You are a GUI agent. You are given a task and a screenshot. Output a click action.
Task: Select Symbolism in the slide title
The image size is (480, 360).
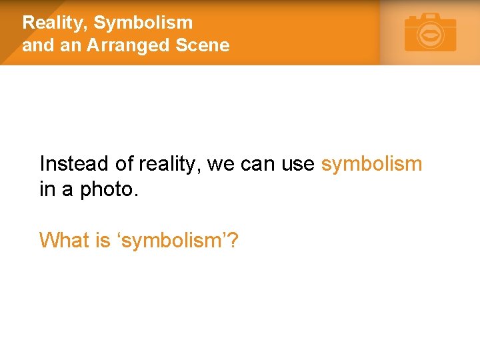pyautogui.click(x=143, y=23)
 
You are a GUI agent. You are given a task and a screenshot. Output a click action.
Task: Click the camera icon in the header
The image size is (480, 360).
pyautogui.click(x=431, y=33)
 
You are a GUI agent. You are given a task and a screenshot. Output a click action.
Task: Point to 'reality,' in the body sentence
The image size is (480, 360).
pyautogui.click(x=170, y=164)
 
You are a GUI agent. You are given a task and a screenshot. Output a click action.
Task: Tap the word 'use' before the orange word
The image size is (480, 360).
pyautogui.click(x=298, y=164)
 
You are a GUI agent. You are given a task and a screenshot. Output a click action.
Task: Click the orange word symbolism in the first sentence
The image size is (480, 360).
pyautogui.click(x=371, y=164)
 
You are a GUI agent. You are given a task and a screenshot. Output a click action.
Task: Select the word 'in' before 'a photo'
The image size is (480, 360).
pyautogui.click(x=47, y=189)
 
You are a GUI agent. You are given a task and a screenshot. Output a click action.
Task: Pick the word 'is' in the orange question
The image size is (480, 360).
pyautogui.click(x=103, y=240)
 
